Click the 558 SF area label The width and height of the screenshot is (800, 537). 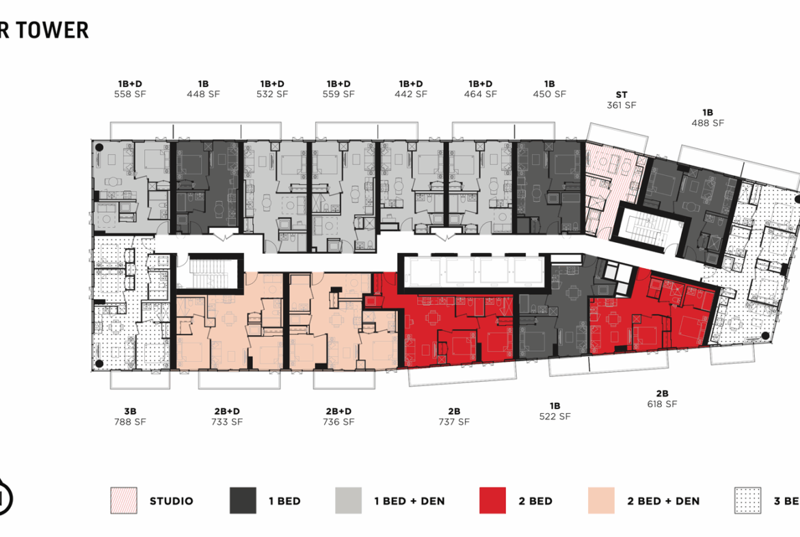[130, 94]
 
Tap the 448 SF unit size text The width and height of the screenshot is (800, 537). [203, 94]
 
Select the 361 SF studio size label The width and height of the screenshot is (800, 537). [621, 105]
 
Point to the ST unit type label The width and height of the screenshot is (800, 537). [621, 95]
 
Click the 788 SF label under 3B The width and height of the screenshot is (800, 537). [130, 422]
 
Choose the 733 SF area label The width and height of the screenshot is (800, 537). [227, 422]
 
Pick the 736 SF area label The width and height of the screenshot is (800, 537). [338, 422]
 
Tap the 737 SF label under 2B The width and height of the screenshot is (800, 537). [454, 422]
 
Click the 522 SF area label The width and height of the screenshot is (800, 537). [555, 416]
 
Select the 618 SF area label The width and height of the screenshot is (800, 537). [661, 404]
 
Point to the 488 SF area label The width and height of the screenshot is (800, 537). [708, 123]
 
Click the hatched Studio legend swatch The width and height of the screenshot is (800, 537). [123, 501]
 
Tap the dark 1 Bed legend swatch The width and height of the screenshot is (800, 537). [243, 501]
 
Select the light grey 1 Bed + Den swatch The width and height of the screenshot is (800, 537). [348, 501]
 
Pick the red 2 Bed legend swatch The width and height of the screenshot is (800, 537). [492, 501]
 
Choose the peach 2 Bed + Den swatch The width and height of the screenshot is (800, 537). [601, 501]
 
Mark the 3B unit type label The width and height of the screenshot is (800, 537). [130, 411]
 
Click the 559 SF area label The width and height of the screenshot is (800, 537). [338, 94]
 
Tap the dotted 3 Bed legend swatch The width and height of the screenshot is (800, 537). [747, 501]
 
